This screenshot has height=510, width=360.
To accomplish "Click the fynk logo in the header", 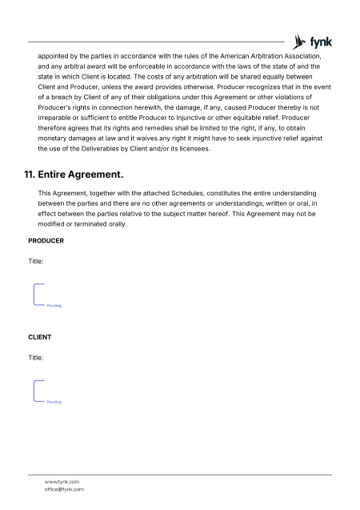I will tap(312, 42).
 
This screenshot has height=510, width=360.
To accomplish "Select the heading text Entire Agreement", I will tap(81, 174).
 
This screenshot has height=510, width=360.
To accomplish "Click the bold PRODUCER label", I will tap(46, 241).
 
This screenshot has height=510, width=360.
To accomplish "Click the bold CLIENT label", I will tap(40, 337).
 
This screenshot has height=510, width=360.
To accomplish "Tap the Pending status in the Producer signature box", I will tap(54, 306).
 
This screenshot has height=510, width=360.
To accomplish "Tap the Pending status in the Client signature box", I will tap(54, 402).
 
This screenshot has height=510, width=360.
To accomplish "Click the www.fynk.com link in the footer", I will tap(62, 481).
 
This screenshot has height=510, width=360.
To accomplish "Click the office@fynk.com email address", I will tap(64, 489).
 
